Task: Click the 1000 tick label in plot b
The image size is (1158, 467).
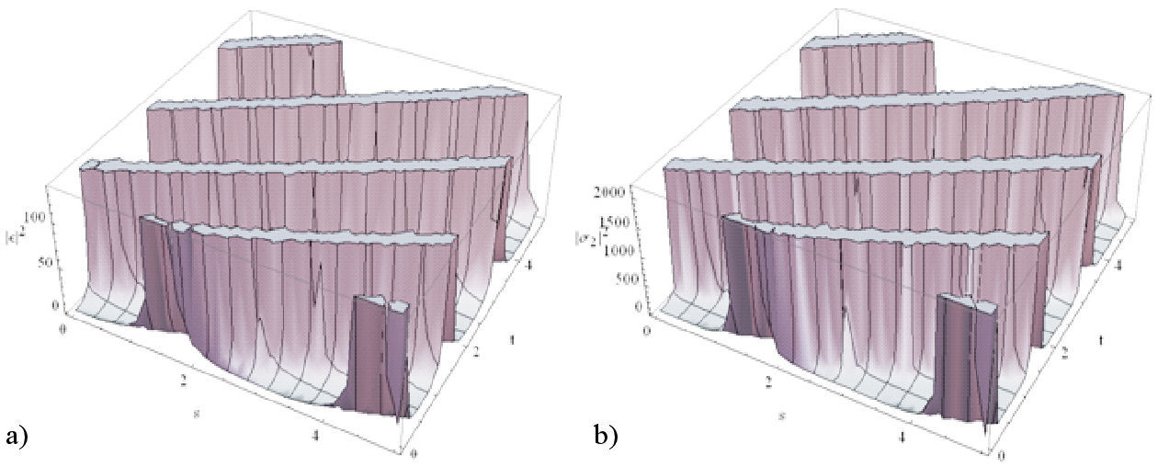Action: pyautogui.click(x=623, y=249)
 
